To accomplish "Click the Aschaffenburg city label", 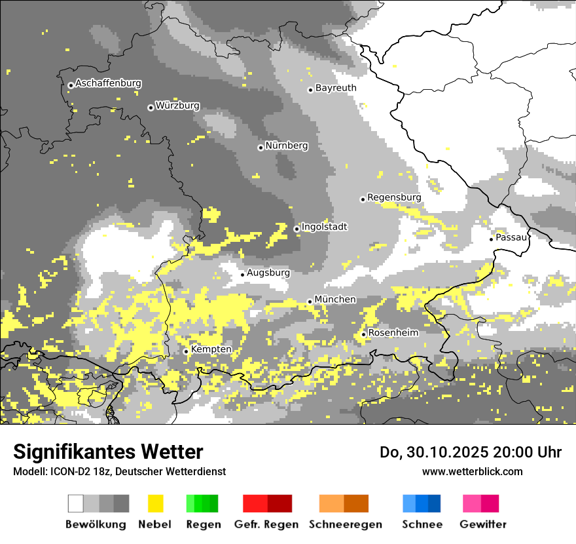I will click(x=108, y=83).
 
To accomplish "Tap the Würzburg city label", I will click(x=177, y=106).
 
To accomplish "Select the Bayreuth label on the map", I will click(x=336, y=88).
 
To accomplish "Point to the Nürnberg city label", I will click(x=287, y=146).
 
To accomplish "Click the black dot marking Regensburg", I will click(x=363, y=199).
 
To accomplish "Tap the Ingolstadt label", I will click(x=324, y=227).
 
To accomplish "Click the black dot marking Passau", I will click(x=492, y=239).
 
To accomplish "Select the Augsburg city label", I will click(x=268, y=272).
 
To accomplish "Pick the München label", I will click(x=335, y=300).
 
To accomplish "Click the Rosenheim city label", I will click(x=393, y=333).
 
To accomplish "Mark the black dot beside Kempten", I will click(x=186, y=351).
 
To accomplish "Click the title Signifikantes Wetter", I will click(x=108, y=452).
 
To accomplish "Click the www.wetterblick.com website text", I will click(x=472, y=471).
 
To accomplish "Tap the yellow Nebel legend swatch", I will click(x=155, y=503).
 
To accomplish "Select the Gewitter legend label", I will click(x=483, y=524).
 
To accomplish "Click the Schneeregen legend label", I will click(x=346, y=524).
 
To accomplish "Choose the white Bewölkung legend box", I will click(x=76, y=503).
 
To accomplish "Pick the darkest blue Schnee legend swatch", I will click(x=434, y=503).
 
